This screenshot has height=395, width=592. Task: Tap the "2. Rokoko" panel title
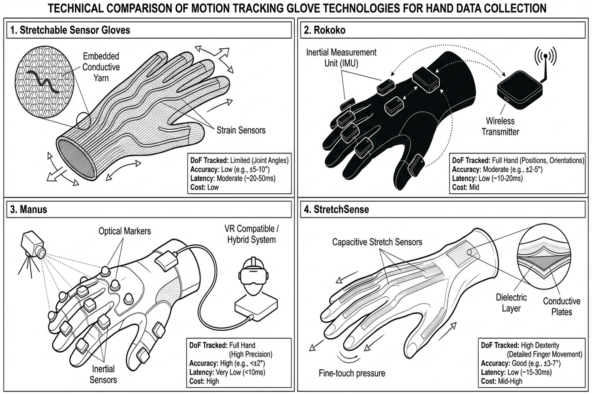click(x=325, y=30)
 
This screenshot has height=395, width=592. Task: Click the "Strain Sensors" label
click(x=241, y=130)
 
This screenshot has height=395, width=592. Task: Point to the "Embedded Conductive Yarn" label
click(x=101, y=67)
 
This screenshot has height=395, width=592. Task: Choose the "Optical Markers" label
click(x=124, y=231)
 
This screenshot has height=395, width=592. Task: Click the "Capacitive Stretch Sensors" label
click(x=377, y=242)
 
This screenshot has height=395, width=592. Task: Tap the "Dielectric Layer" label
click(x=511, y=303)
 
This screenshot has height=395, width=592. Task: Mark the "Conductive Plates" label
click(x=561, y=306)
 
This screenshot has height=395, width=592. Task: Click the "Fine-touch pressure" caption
click(x=352, y=373)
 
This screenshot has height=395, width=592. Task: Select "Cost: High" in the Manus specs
click(x=204, y=381)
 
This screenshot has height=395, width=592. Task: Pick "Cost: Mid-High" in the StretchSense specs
click(x=501, y=381)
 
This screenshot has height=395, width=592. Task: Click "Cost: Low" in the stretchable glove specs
click(x=204, y=187)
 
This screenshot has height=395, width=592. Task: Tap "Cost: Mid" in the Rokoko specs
click(x=465, y=187)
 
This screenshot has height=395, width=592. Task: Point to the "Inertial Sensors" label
click(x=103, y=374)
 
